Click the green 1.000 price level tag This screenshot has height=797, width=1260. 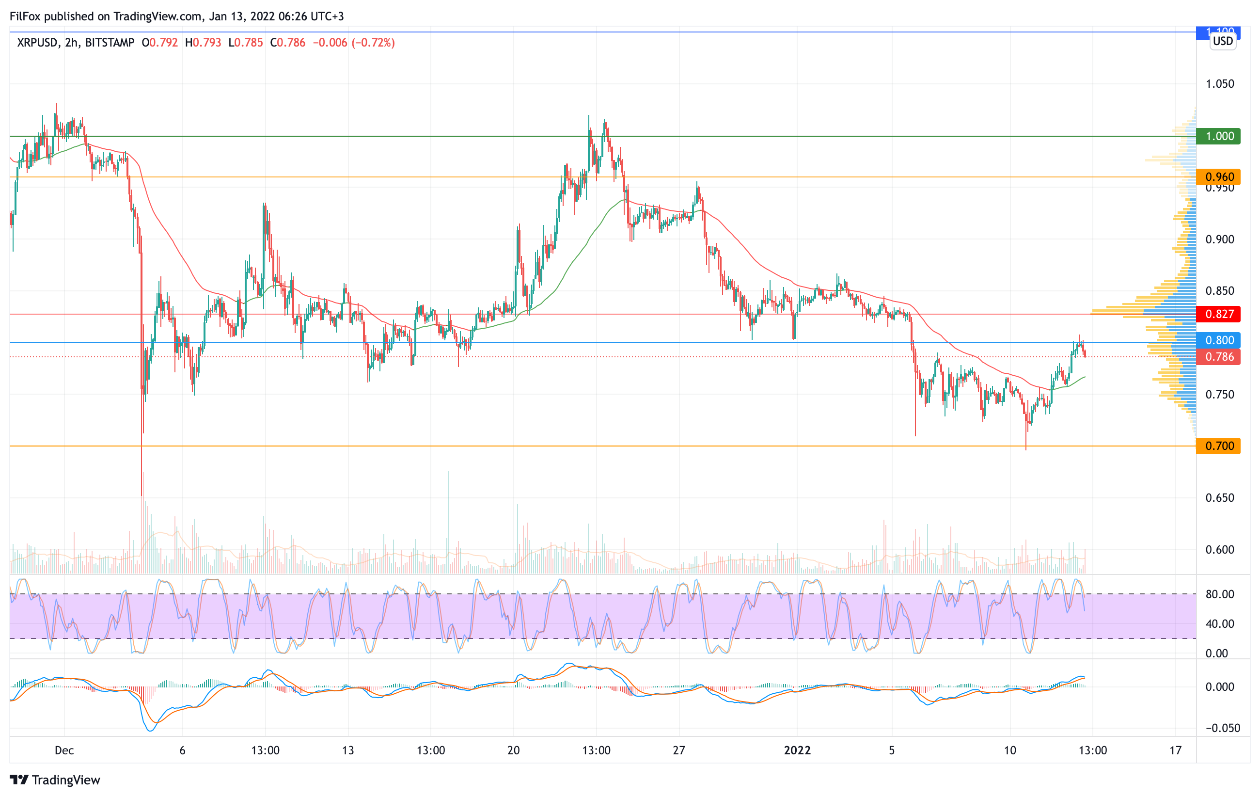1219,136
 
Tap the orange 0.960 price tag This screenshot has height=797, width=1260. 1219,177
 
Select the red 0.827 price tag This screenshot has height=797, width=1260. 1219,314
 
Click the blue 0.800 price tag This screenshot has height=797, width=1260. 1219,340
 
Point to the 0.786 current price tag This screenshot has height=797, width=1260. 1219,357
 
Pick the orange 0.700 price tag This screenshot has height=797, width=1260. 1219,446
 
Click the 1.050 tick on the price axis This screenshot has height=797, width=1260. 1220,84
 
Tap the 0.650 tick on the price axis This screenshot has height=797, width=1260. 1220,498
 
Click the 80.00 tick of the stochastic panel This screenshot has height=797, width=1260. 1220,594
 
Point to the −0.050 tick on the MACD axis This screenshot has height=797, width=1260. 1219,728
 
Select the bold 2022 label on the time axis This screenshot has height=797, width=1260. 797,750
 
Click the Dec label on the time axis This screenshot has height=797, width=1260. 64,750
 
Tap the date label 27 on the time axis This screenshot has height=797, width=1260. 678,750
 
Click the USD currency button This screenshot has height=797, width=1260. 1223,41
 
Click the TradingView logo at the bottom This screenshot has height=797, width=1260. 55,780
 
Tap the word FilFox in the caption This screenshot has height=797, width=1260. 25,16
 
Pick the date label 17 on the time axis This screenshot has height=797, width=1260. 1175,750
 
